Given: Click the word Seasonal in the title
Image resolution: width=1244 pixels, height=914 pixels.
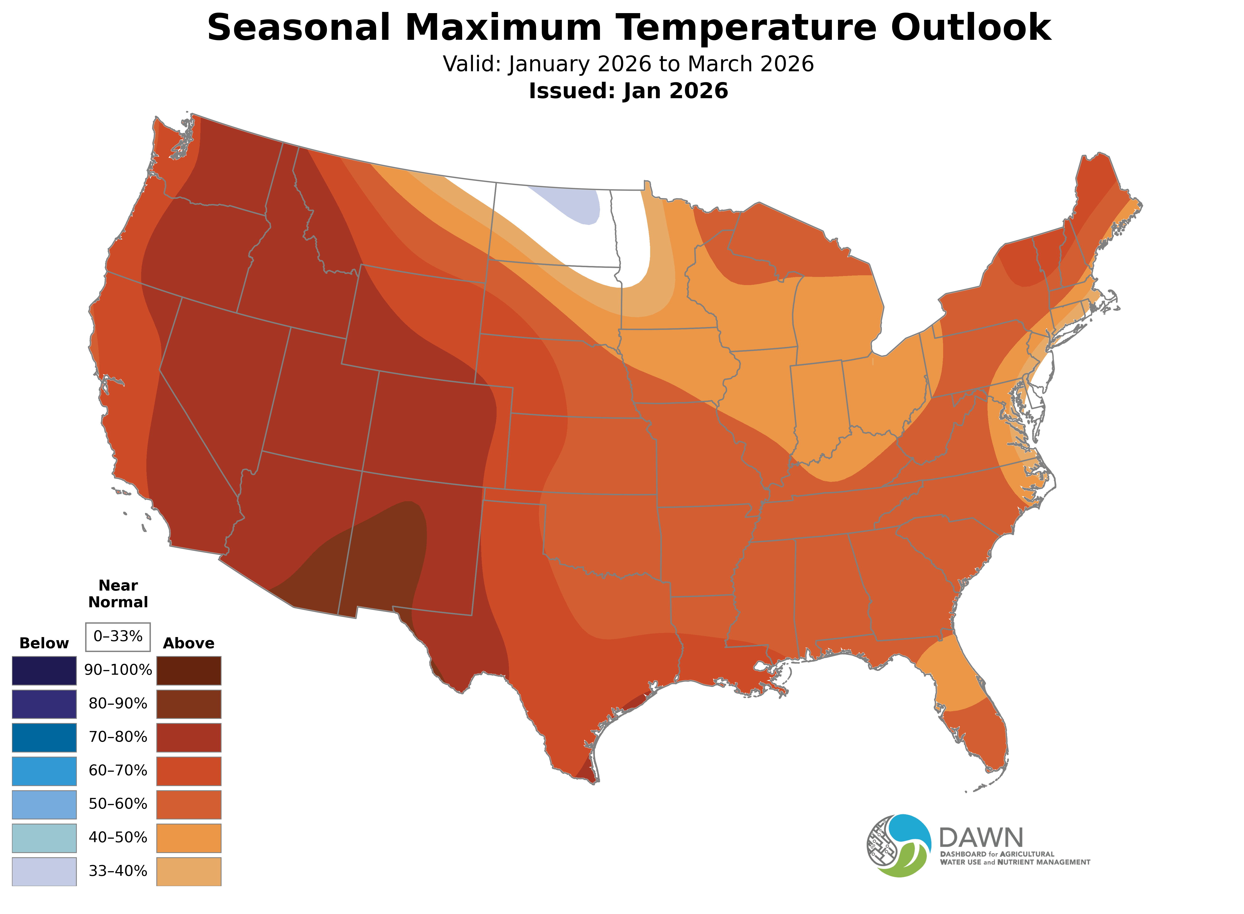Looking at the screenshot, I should (x=299, y=28).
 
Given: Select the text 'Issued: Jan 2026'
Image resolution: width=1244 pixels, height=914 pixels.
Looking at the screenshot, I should (x=628, y=91).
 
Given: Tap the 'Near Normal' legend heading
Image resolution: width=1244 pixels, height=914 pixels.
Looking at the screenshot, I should (x=118, y=594).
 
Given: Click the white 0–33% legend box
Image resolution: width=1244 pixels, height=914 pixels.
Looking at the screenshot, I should (x=118, y=636).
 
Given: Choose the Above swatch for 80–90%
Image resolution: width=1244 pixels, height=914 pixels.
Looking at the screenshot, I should (x=189, y=704).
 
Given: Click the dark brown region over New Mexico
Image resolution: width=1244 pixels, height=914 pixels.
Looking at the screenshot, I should (x=382, y=559).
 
